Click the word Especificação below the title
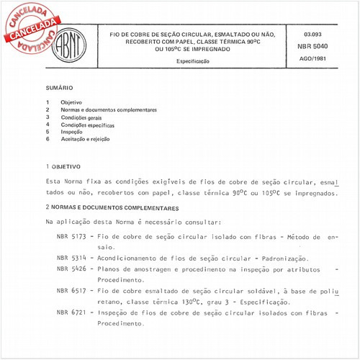tap(194, 62)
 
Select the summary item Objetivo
tap(71, 102)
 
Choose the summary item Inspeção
tap(71, 131)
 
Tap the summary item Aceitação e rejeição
tap(85, 138)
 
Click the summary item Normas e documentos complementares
tap(109, 109)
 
